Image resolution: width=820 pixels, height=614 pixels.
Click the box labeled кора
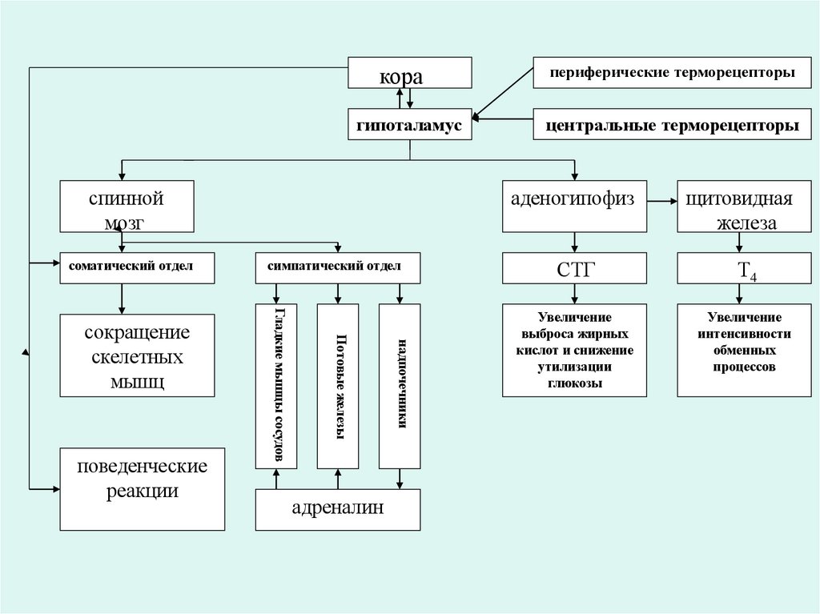coord(409,74)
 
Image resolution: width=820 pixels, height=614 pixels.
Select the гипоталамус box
coord(409,126)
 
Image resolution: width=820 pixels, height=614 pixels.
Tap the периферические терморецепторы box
coord(672,74)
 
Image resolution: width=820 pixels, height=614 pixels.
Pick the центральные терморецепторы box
coord(672,126)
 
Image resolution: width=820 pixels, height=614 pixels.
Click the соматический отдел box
coord(137,267)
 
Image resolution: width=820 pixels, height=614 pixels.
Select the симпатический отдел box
coord(338,267)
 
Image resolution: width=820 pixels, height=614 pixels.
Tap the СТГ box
coord(573,268)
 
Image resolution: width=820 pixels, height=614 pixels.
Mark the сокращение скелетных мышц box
coord(137,355)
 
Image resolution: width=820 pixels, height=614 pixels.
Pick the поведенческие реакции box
coord(143,488)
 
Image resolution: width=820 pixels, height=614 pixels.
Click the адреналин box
coord(338,509)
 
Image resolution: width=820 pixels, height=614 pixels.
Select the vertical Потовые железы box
coord(338,386)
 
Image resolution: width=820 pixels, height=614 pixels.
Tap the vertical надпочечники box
coord(400,386)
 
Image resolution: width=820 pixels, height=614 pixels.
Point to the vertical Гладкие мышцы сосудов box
coord(276,386)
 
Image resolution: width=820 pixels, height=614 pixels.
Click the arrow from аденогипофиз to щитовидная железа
coord(662,199)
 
